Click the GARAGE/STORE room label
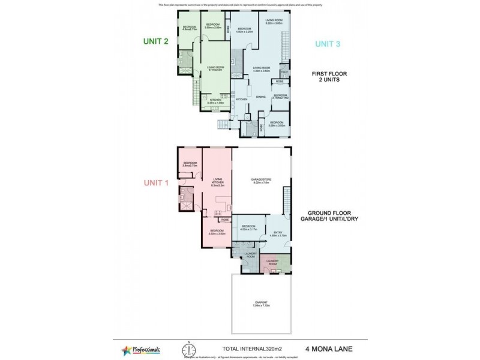click(x=260, y=181)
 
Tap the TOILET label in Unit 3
click(x=285, y=72)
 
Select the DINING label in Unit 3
click(x=260, y=96)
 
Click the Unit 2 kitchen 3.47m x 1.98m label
click(x=215, y=101)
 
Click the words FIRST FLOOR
click(x=328, y=73)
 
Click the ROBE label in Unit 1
click(x=223, y=220)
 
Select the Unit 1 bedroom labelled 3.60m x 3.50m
click(x=217, y=232)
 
